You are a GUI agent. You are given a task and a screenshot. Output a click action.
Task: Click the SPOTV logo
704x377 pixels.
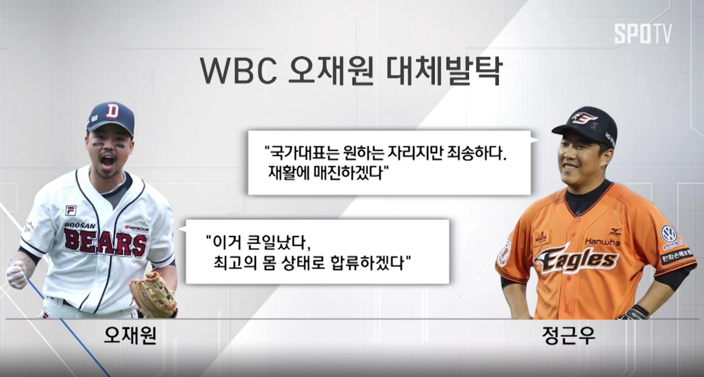coord(643,33)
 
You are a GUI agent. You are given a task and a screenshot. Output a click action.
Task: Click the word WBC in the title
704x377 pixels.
coord(239,70)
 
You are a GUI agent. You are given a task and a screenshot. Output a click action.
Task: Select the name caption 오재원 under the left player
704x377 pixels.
coord(130,335)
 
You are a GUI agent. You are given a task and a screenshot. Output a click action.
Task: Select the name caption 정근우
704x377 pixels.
coord(568,335)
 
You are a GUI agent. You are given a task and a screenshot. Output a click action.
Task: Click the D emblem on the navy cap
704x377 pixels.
coord(113,111)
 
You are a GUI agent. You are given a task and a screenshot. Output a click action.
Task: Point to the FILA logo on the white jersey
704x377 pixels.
coord(71,210)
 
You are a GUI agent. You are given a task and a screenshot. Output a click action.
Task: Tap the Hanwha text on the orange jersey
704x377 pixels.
coord(601,242)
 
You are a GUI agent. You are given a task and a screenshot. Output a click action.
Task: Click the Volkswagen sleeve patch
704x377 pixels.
coord(669,234)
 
